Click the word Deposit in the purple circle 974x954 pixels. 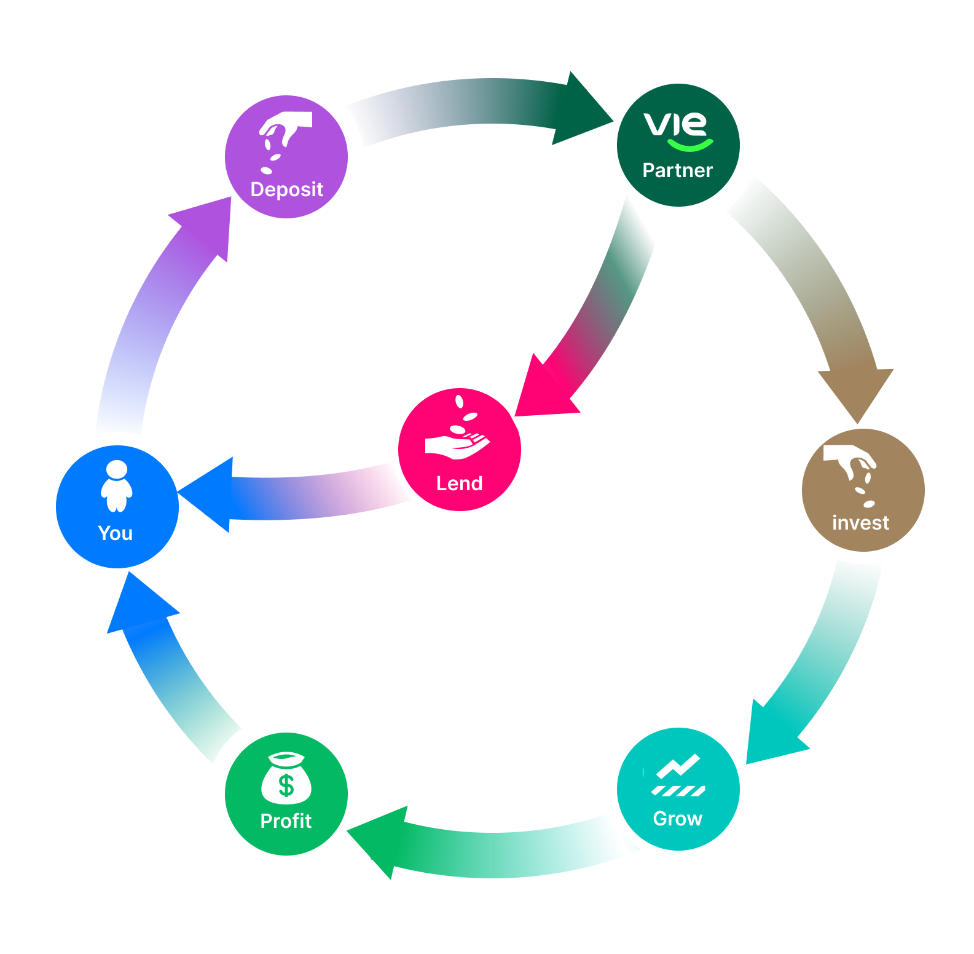pyautogui.click(x=286, y=189)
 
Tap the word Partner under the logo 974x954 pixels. pyautogui.click(x=677, y=170)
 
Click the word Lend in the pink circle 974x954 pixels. pyautogui.click(x=459, y=483)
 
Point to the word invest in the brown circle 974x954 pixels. pyautogui.click(x=860, y=523)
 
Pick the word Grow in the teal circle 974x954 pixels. pyautogui.click(x=677, y=819)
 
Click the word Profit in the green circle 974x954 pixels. pyautogui.click(x=286, y=821)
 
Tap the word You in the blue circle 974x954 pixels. pyautogui.click(x=116, y=533)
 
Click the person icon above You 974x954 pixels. pyautogui.click(x=116, y=486)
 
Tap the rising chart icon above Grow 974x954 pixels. pyautogui.click(x=678, y=775)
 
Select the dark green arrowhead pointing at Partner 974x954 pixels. pyautogui.click(x=580, y=111)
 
